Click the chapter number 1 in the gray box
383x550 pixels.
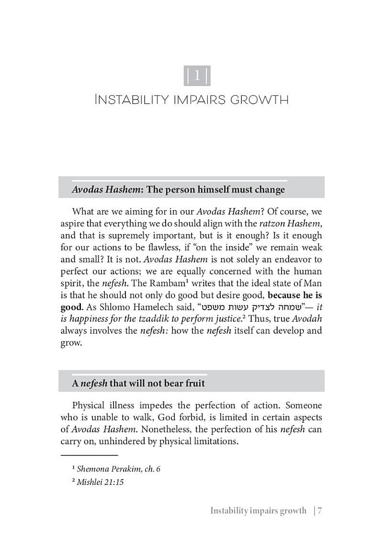197,76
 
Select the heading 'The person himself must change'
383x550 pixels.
215,190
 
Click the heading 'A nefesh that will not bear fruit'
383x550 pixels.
138,383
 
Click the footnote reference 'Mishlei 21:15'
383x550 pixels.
100,482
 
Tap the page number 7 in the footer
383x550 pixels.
319,510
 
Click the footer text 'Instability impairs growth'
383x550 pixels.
258,510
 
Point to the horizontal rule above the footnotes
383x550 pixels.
89,455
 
